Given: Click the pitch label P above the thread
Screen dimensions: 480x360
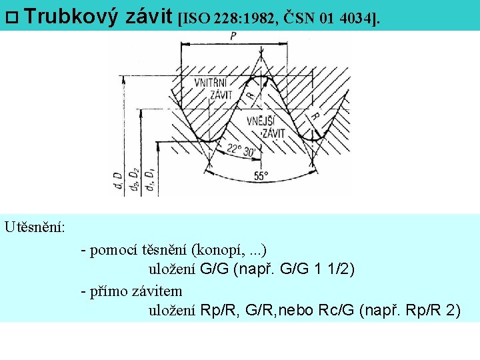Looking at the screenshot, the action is [x=233, y=36].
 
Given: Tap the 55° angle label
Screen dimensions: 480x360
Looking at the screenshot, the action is [x=261, y=177].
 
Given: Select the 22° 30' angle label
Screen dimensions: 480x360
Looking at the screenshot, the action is [x=241, y=151].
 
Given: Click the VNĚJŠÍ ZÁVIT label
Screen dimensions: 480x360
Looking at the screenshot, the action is [x=265, y=127].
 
